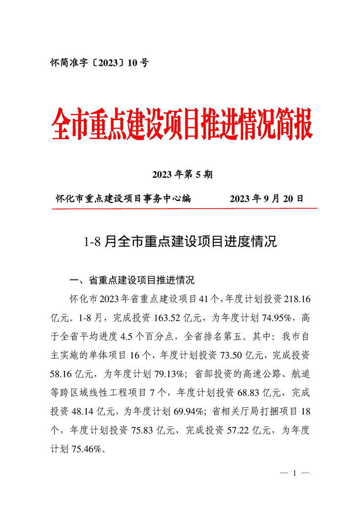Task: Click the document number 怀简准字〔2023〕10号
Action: (x=99, y=63)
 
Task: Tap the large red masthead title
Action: (x=182, y=123)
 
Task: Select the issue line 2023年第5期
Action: (x=182, y=175)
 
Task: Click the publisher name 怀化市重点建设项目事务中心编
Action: (x=123, y=198)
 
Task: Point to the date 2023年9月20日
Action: (x=266, y=198)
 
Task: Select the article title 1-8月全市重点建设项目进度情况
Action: (x=180, y=241)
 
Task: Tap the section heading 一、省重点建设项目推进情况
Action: (x=131, y=280)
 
